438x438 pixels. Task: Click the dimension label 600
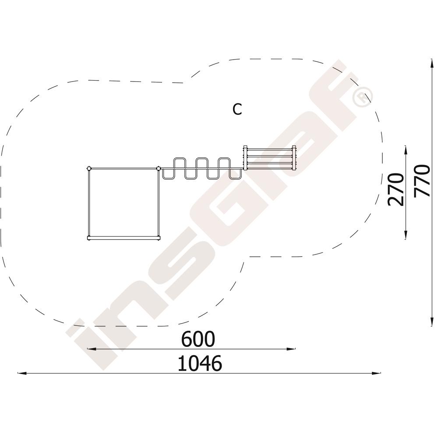[198, 339]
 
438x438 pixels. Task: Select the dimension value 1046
[200, 363]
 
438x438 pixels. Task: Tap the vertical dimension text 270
[396, 190]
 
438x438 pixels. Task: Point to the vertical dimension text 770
[421, 181]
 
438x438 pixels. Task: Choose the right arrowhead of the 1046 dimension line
[377, 373]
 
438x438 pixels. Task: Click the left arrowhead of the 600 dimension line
[92, 349]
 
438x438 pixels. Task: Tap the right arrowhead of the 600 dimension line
[291, 349]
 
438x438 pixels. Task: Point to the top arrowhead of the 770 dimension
[432, 63]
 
